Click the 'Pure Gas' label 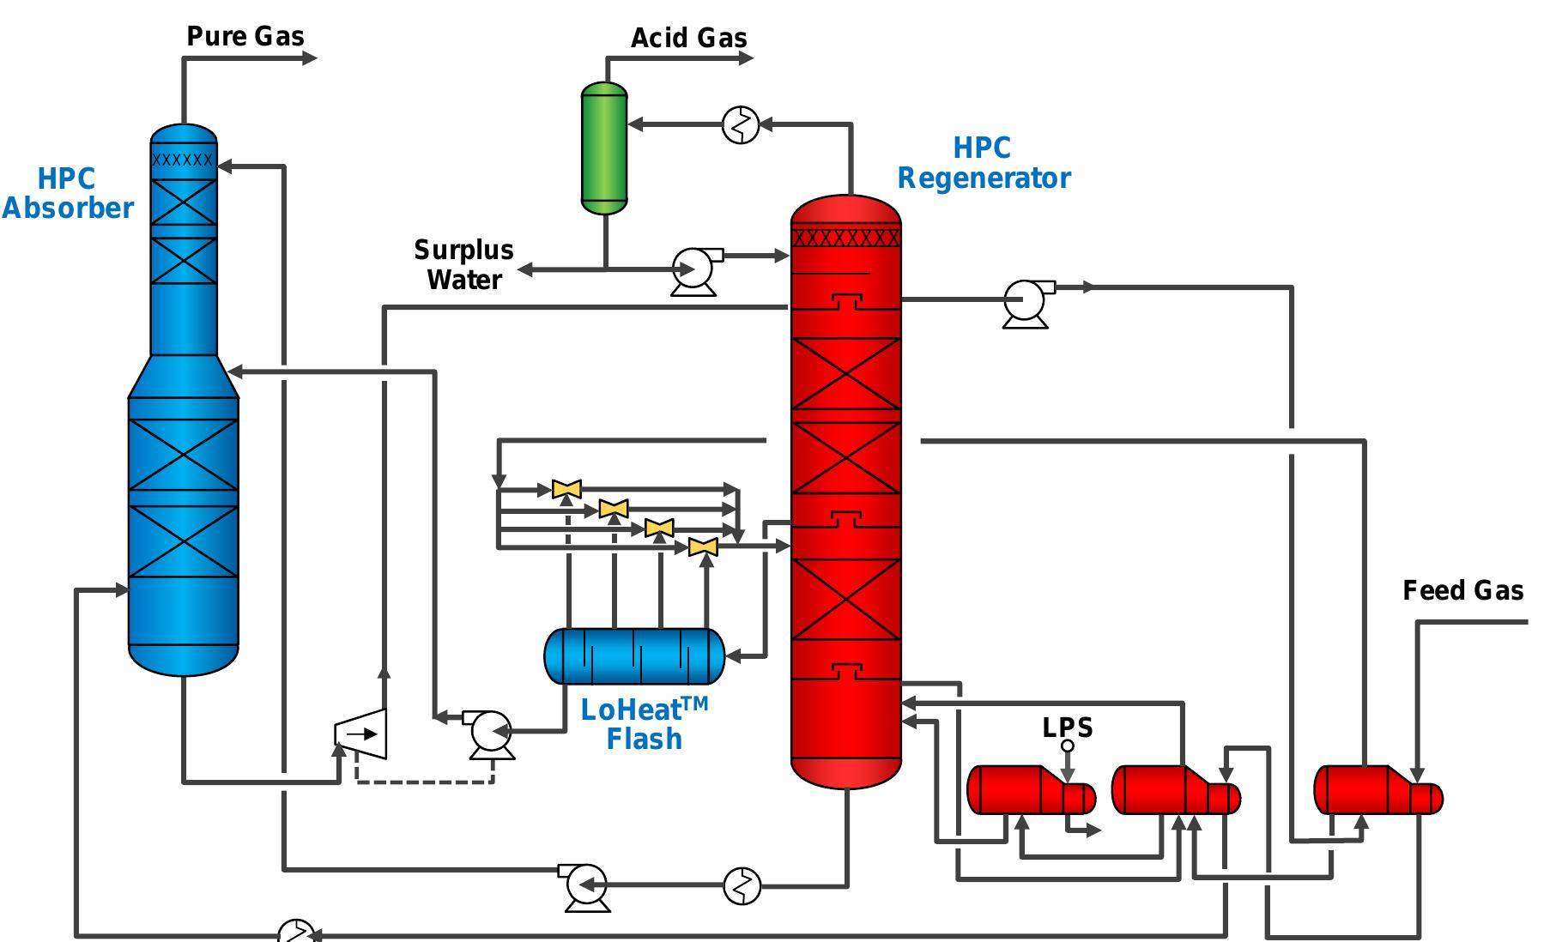pyautogui.click(x=245, y=36)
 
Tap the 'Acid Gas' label pyautogui.click(x=688, y=38)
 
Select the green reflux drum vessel pyautogui.click(x=604, y=148)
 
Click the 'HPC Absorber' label pyautogui.click(x=67, y=194)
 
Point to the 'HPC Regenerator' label pyautogui.click(x=984, y=163)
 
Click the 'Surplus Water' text pyautogui.click(x=463, y=265)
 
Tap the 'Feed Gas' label pyautogui.click(x=1462, y=590)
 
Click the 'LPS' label pyautogui.click(x=1068, y=728)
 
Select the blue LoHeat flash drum pyautogui.click(x=634, y=656)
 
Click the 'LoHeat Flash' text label pyautogui.click(x=644, y=724)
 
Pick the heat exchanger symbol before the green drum pyautogui.click(x=741, y=125)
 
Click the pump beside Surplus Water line pyautogui.click(x=693, y=269)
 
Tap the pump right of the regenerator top pyautogui.click(x=1025, y=302)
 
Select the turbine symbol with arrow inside pyautogui.click(x=361, y=734)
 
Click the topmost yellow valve pyautogui.click(x=566, y=489)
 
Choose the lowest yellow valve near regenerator pyautogui.click(x=703, y=546)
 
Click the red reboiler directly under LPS pyautogui.click(x=1030, y=789)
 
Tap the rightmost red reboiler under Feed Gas pyautogui.click(x=1377, y=789)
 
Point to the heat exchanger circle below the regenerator pyautogui.click(x=742, y=885)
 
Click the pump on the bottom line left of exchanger pyautogui.click(x=587, y=885)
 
